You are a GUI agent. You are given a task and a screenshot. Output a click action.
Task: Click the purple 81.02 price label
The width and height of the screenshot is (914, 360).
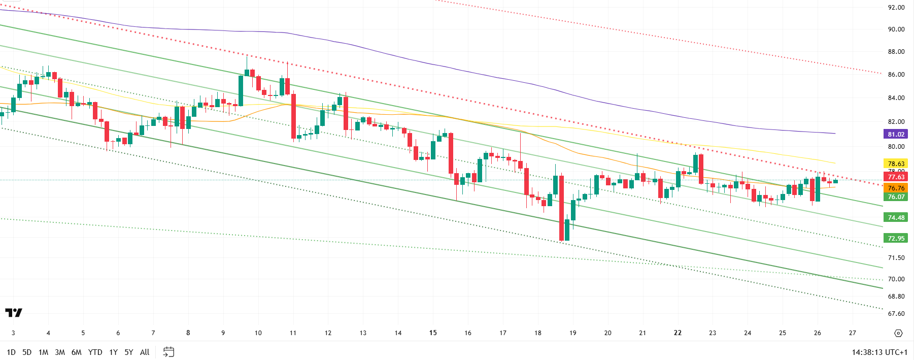click(x=896, y=135)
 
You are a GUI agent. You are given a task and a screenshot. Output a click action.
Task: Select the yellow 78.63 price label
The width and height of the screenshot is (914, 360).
click(x=896, y=163)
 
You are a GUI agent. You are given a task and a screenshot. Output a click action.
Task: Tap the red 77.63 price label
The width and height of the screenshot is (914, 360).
click(x=896, y=177)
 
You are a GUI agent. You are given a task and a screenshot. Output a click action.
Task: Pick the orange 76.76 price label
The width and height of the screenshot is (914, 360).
click(x=896, y=188)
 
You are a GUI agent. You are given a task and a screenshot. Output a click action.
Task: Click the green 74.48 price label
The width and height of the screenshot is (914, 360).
click(x=896, y=217)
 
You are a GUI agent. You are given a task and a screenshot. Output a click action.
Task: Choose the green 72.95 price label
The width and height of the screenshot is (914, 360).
click(x=896, y=238)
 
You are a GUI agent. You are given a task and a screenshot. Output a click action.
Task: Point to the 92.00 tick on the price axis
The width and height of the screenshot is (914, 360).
click(x=896, y=8)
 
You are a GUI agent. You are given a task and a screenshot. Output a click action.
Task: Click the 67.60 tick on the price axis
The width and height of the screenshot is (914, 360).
click(x=896, y=314)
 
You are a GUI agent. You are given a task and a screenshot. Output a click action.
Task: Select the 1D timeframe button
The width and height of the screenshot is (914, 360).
click(x=11, y=352)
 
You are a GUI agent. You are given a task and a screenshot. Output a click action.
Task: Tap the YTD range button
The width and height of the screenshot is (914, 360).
click(x=95, y=352)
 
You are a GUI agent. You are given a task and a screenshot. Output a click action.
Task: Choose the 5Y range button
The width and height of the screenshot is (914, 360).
click(x=129, y=352)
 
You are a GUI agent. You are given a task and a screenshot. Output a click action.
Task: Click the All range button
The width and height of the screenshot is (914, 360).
click(x=145, y=352)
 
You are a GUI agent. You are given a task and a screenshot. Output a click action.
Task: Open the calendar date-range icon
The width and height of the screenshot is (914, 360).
click(x=168, y=352)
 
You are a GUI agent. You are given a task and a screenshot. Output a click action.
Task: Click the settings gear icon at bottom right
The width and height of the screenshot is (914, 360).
click(x=898, y=333)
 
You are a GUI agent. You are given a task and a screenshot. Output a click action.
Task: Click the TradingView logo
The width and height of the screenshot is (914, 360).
click(x=14, y=313)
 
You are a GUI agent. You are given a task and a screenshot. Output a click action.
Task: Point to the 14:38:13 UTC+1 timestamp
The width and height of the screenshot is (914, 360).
click(x=879, y=352)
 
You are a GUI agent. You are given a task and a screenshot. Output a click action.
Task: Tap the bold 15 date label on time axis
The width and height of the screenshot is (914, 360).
click(x=433, y=333)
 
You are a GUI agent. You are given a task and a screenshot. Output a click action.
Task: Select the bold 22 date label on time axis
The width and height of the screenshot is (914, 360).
click(x=678, y=333)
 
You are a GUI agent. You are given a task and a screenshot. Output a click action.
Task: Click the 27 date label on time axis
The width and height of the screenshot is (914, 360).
click(x=853, y=333)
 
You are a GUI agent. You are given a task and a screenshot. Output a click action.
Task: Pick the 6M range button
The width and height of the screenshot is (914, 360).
click(x=76, y=352)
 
